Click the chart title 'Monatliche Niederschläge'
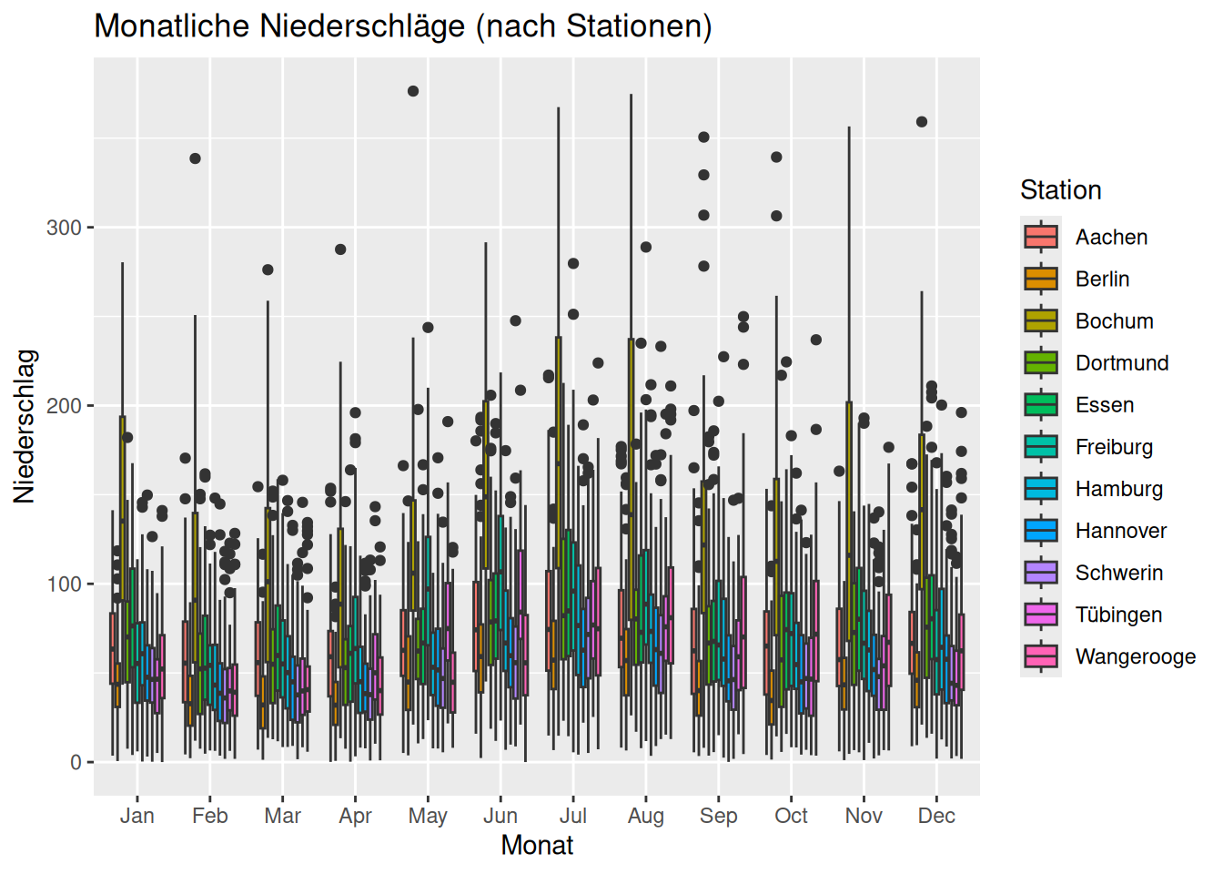403,26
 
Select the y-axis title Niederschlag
25,426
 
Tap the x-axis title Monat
537,846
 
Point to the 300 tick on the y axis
64,228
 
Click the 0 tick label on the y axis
76,763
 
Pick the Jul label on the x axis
572,816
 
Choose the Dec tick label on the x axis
936,816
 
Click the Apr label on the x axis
355,816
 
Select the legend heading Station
1060,190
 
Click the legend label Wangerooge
1135,656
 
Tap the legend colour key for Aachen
1041,237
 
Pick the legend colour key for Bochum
1041,320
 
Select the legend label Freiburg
1114,447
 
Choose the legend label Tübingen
1118,615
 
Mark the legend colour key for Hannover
1041,530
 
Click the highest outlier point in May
413,91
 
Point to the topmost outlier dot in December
922,122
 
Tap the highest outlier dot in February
195,158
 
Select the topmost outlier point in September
703,137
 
